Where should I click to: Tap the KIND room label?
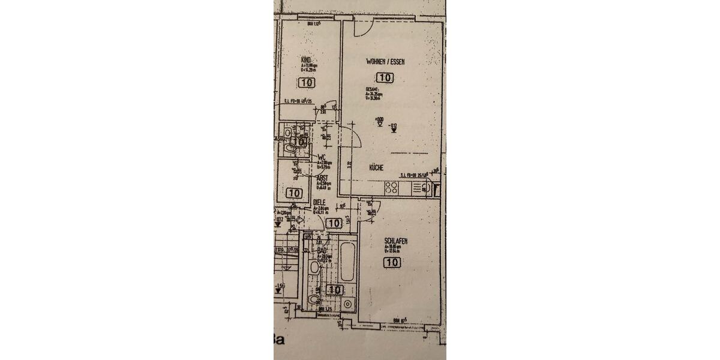(x=306, y=60)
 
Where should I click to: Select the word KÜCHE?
(x=376, y=168)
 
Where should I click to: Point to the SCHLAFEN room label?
(x=396, y=241)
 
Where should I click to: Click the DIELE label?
(x=319, y=203)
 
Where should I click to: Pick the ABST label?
(x=322, y=178)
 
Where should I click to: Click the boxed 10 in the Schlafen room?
(x=393, y=262)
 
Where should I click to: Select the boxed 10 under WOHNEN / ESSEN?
(x=385, y=77)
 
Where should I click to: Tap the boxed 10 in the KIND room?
(x=306, y=83)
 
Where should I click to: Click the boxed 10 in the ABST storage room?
(x=294, y=193)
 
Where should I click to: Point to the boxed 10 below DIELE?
(x=334, y=223)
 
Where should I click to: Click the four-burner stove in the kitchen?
(x=391, y=188)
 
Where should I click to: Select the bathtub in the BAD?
(x=347, y=262)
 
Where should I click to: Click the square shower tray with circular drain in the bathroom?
(x=347, y=304)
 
